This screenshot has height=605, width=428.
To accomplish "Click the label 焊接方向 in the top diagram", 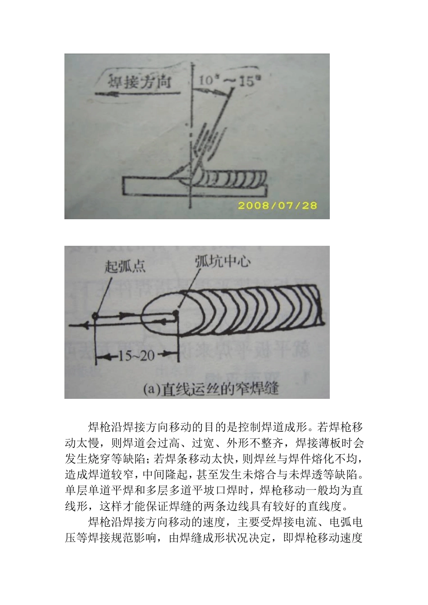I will pos(139,82).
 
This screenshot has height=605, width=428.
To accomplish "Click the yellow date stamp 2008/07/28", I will pos(277,206).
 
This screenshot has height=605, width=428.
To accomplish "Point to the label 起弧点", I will pos(125,266).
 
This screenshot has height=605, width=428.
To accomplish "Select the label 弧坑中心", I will pos(223,261).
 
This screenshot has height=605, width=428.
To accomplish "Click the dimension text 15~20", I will pos(136,356).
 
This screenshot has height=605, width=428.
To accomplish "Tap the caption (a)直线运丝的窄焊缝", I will pos(210,388).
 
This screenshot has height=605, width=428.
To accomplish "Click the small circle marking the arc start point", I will pos(95,316).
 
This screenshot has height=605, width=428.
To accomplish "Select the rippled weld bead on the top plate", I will pos(234,177).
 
